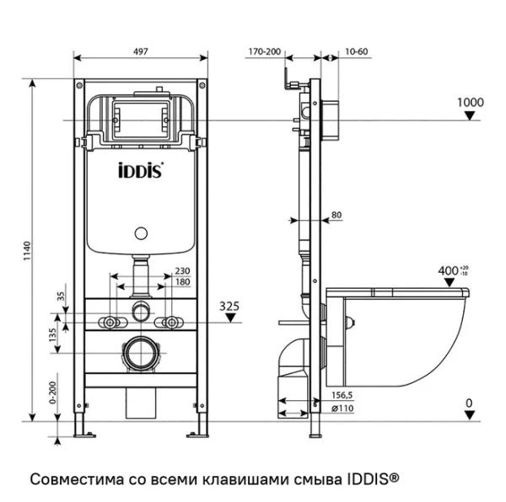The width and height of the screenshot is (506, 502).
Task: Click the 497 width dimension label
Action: [x=140, y=51]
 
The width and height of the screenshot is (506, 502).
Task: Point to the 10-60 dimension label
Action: [x=355, y=51]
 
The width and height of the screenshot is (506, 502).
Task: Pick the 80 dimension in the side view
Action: [x=336, y=216]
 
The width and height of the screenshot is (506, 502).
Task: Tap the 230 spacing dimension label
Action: [x=181, y=271]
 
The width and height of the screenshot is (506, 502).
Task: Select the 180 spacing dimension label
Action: [x=181, y=282]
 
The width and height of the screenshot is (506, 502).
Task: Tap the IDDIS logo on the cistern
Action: [x=140, y=170]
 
